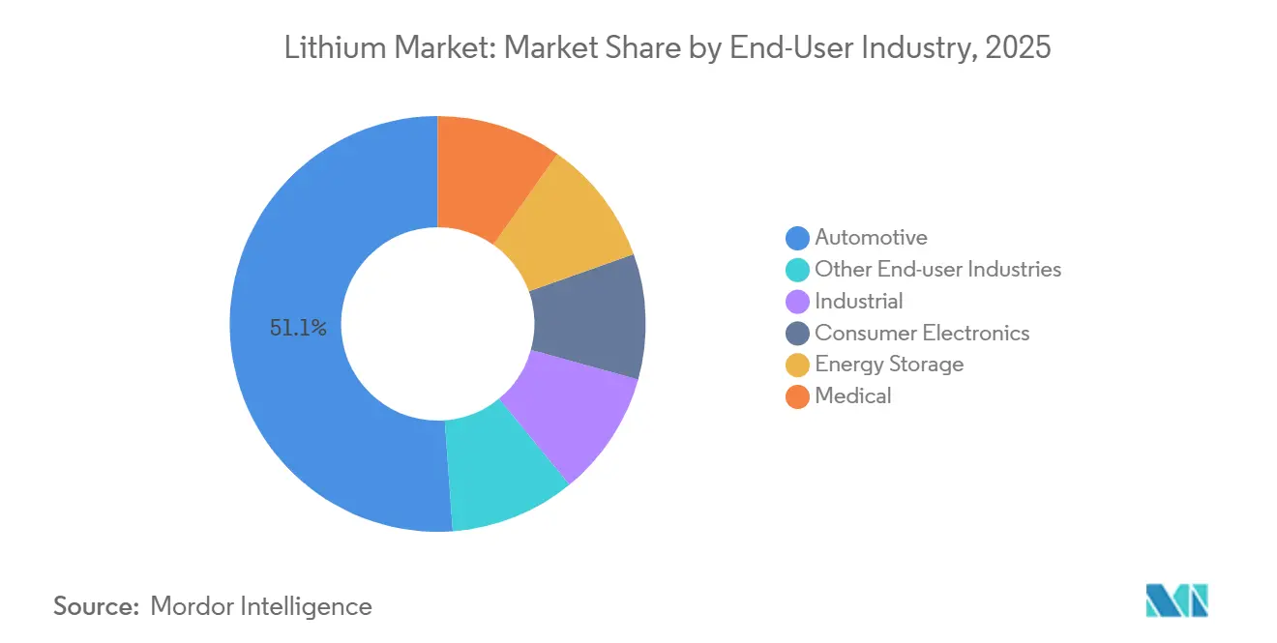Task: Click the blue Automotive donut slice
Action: pyautogui.click(x=290, y=406)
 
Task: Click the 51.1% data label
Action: pyautogui.click(x=298, y=329)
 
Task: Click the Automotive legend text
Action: pyautogui.click(x=871, y=237)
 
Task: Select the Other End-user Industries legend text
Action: pyautogui.click(x=937, y=269)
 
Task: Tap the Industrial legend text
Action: pyautogui.click(x=858, y=301)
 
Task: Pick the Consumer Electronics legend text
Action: pyautogui.click(x=922, y=333)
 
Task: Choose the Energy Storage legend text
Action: pyautogui.click(x=889, y=364)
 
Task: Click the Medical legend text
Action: pyautogui.click(x=852, y=395)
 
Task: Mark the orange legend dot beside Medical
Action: pyautogui.click(x=797, y=396)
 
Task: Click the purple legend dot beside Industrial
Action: pyautogui.click(x=797, y=302)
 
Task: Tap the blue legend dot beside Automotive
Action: pyautogui.click(x=797, y=238)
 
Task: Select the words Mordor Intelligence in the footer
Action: pyautogui.click(x=261, y=606)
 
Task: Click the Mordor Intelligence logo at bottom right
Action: pyautogui.click(x=1176, y=600)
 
